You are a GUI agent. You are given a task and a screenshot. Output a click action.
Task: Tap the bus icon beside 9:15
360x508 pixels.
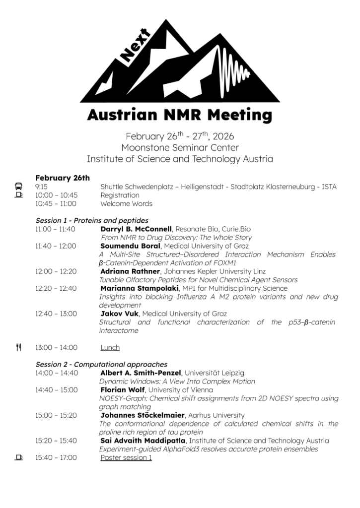[x=18, y=187]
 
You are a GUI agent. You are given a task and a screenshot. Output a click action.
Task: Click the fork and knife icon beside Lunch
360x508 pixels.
[x=18, y=347]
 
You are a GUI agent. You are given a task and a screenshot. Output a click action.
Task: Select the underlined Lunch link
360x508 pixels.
[x=110, y=348]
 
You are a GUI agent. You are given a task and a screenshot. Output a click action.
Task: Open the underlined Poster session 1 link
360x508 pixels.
[x=126, y=457]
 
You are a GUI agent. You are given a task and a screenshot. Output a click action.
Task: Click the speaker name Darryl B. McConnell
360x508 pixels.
[x=136, y=229]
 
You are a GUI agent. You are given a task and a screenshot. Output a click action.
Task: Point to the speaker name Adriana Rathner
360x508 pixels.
[x=130, y=271]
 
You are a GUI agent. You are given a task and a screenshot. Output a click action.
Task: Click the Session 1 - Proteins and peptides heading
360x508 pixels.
[x=92, y=220]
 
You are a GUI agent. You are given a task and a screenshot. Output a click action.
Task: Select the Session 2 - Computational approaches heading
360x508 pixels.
[x=101, y=365]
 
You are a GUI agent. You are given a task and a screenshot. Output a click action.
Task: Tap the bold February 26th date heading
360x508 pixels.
[x=63, y=178]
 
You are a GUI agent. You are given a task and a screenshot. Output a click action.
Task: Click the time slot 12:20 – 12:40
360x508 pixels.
[x=56, y=288]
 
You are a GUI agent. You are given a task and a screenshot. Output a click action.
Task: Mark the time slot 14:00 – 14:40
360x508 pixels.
[x=56, y=373]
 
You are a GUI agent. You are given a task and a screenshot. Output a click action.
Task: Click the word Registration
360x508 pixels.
[x=120, y=195]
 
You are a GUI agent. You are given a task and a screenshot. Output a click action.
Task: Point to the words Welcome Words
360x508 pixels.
[x=126, y=203]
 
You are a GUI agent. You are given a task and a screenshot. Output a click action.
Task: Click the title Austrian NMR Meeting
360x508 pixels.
[x=179, y=115]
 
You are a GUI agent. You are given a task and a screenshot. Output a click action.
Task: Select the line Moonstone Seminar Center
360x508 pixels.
[x=180, y=147]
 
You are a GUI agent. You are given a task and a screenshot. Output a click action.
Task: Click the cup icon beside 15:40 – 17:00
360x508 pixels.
[x=18, y=457]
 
